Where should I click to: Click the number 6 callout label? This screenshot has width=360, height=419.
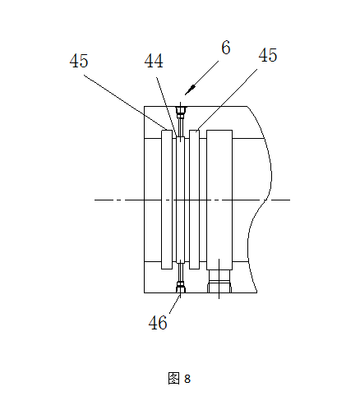(x=226, y=48)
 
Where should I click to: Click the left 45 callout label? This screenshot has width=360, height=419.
(x=79, y=61)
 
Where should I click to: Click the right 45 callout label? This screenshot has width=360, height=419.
(x=268, y=55)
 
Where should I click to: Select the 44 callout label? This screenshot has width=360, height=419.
(x=154, y=61)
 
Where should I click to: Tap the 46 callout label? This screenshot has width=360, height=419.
(x=158, y=323)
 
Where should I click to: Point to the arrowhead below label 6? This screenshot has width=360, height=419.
(x=190, y=90)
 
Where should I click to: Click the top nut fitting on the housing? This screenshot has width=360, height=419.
(x=181, y=112)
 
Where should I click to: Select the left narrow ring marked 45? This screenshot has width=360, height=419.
(x=167, y=200)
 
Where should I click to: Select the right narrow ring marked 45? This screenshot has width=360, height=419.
(x=195, y=200)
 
